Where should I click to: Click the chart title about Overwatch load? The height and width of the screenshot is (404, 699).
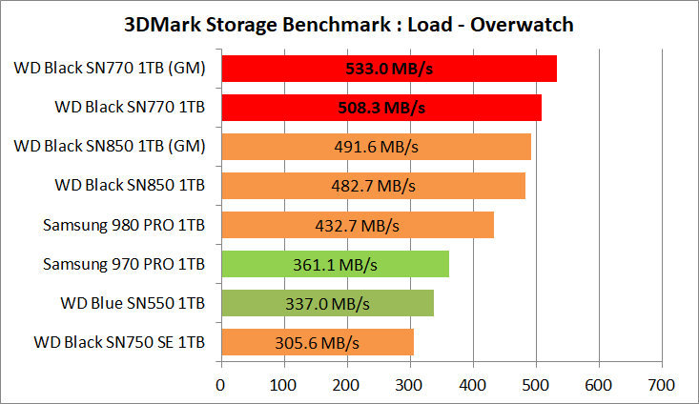point(349,24)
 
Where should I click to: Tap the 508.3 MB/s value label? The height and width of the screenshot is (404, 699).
point(381,109)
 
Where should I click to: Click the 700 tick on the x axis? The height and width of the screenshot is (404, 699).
point(661,385)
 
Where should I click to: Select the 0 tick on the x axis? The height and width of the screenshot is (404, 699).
point(221,385)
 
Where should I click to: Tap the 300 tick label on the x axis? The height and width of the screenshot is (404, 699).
point(410,385)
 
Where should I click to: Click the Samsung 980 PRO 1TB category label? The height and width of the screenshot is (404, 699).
point(124,225)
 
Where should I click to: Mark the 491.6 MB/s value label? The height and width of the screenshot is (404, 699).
point(376,148)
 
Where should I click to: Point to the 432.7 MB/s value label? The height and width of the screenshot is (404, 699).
point(357,226)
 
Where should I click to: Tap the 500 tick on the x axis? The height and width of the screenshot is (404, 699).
point(536,385)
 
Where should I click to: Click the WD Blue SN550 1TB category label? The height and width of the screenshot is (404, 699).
point(131,303)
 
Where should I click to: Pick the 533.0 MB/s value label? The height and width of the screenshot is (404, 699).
point(389,70)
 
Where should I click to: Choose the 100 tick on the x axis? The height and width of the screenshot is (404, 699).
point(284,385)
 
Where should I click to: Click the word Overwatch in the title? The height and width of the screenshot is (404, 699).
point(524,24)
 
